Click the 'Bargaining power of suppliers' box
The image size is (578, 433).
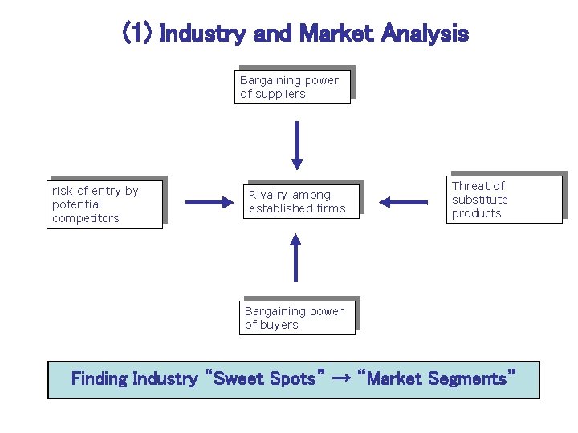[x=295, y=86]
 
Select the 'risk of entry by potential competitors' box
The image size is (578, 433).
[x=105, y=204]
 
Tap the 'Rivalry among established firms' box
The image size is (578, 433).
[x=301, y=201]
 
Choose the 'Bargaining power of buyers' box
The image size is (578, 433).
[x=297, y=318]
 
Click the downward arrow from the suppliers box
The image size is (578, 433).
[x=297, y=145]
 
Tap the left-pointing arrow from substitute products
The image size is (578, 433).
[x=403, y=202]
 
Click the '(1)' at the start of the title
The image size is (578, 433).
[x=136, y=34]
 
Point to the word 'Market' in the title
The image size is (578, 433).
[x=336, y=34]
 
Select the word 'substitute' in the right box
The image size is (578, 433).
[x=479, y=200]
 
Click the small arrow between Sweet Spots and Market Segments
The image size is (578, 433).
[x=341, y=379]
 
